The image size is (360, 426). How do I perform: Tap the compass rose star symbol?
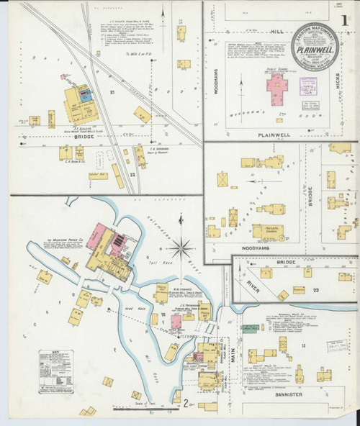click(182, 249)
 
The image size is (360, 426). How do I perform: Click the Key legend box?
click(56, 371)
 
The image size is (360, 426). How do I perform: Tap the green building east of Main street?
click(249, 329)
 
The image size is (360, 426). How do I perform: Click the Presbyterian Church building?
click(267, 232)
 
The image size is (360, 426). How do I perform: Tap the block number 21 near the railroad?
click(112, 92)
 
